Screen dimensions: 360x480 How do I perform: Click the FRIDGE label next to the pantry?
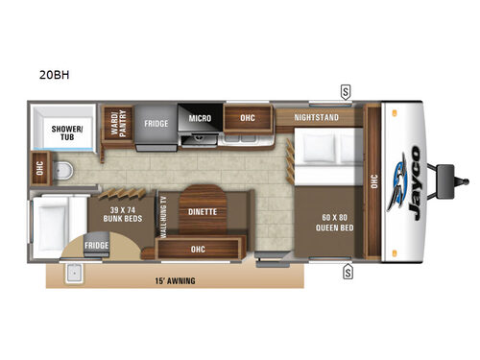[156, 124]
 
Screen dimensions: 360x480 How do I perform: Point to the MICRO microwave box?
[199, 119]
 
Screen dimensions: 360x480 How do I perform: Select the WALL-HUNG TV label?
[164, 218]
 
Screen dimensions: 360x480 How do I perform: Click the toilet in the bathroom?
[61, 170]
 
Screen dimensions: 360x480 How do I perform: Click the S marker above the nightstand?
[344, 92]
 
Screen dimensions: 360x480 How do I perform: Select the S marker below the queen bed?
[346, 271]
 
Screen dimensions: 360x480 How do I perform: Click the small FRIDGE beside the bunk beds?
[96, 246]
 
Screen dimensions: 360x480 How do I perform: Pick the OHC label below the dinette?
[199, 249]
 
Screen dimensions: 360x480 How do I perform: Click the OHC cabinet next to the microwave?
[247, 119]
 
